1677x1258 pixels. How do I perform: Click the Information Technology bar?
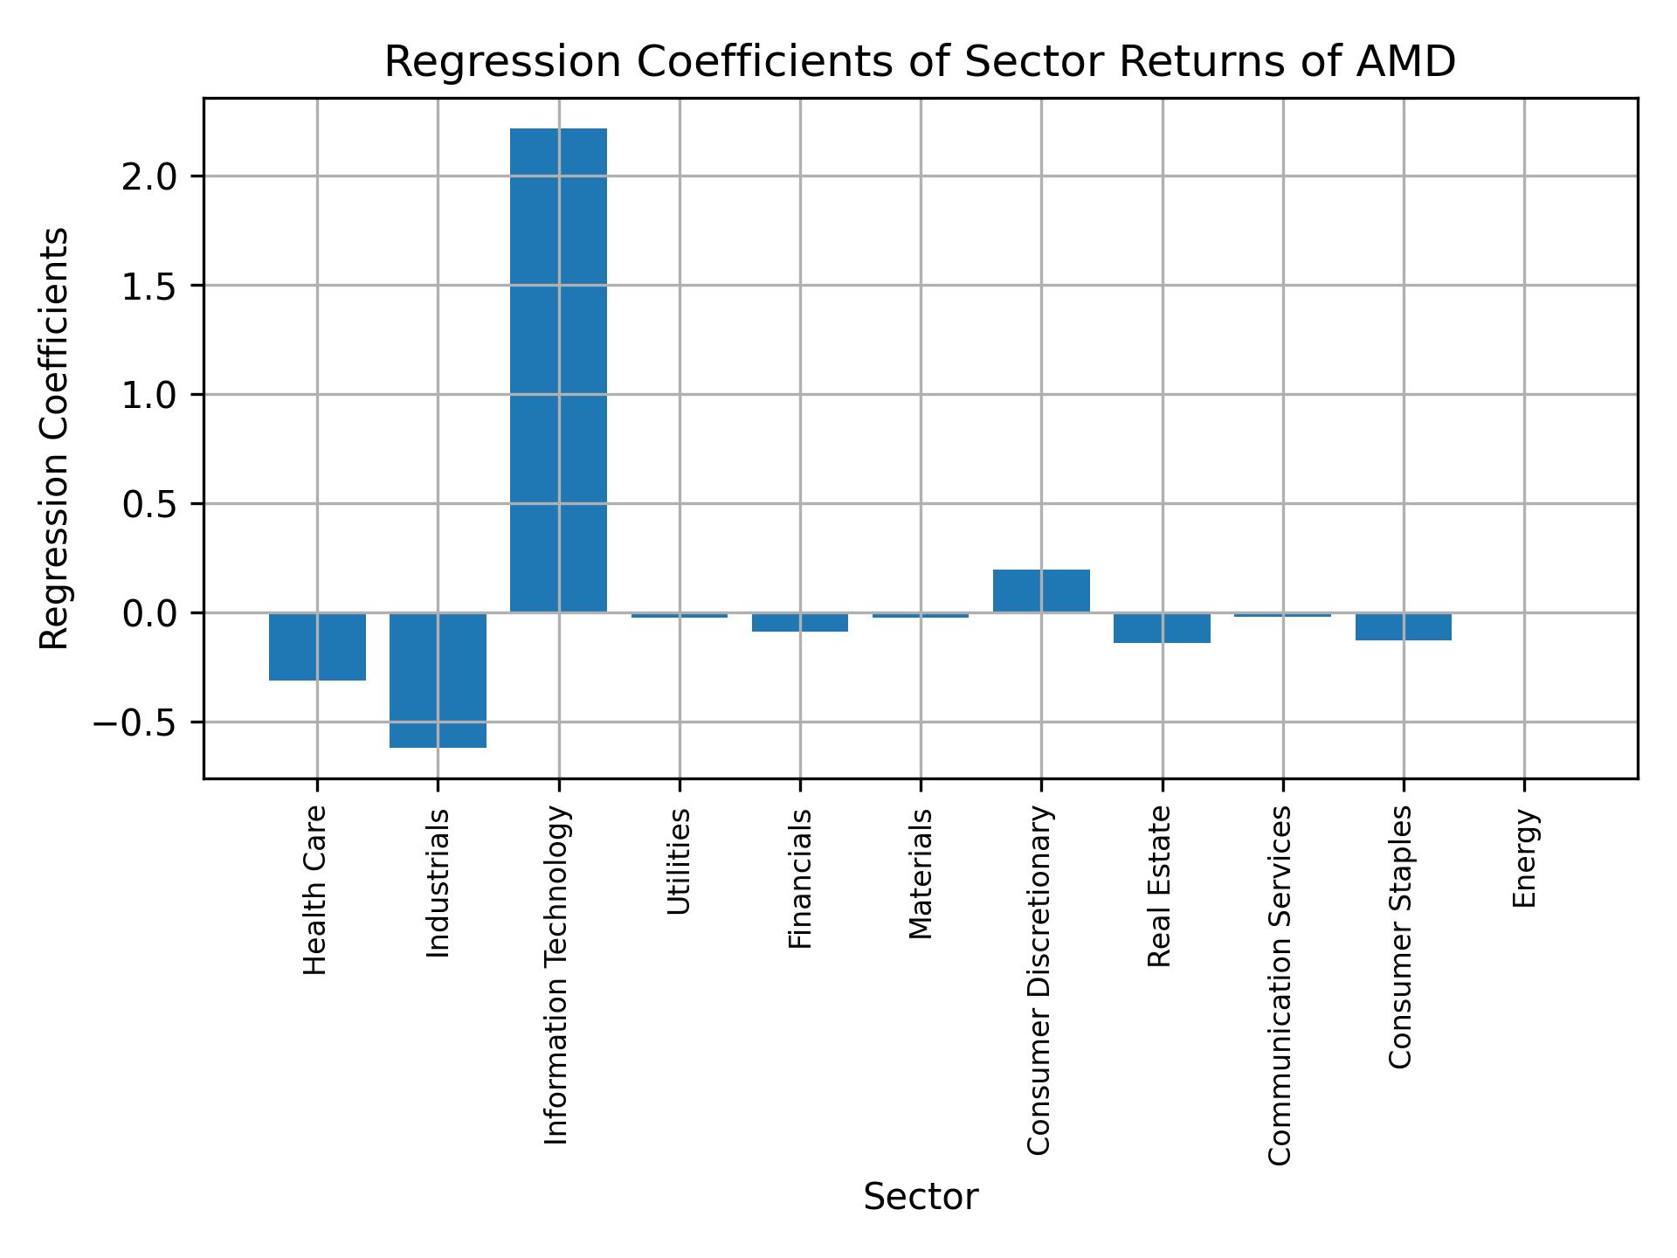click(558, 370)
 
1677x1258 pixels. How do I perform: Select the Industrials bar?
click(438, 680)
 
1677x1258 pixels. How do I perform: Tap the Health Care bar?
click(317, 646)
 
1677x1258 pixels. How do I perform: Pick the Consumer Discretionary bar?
click(1041, 591)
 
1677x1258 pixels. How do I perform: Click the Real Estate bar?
click(1162, 628)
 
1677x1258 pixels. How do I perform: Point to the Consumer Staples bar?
click(1404, 626)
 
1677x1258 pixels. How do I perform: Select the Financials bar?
click(800, 622)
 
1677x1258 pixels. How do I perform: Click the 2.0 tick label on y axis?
click(149, 177)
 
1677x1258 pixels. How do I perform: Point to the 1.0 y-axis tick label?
click(149, 396)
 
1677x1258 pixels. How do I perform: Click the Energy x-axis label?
click(1524, 859)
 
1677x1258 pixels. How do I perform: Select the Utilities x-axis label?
click(680, 861)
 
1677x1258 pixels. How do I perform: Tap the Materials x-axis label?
click(921, 874)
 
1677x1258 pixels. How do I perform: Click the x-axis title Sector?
click(921, 1197)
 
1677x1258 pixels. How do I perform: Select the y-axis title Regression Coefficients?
click(55, 439)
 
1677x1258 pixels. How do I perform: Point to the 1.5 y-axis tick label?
click(149, 287)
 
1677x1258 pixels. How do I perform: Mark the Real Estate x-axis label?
click(1159, 887)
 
